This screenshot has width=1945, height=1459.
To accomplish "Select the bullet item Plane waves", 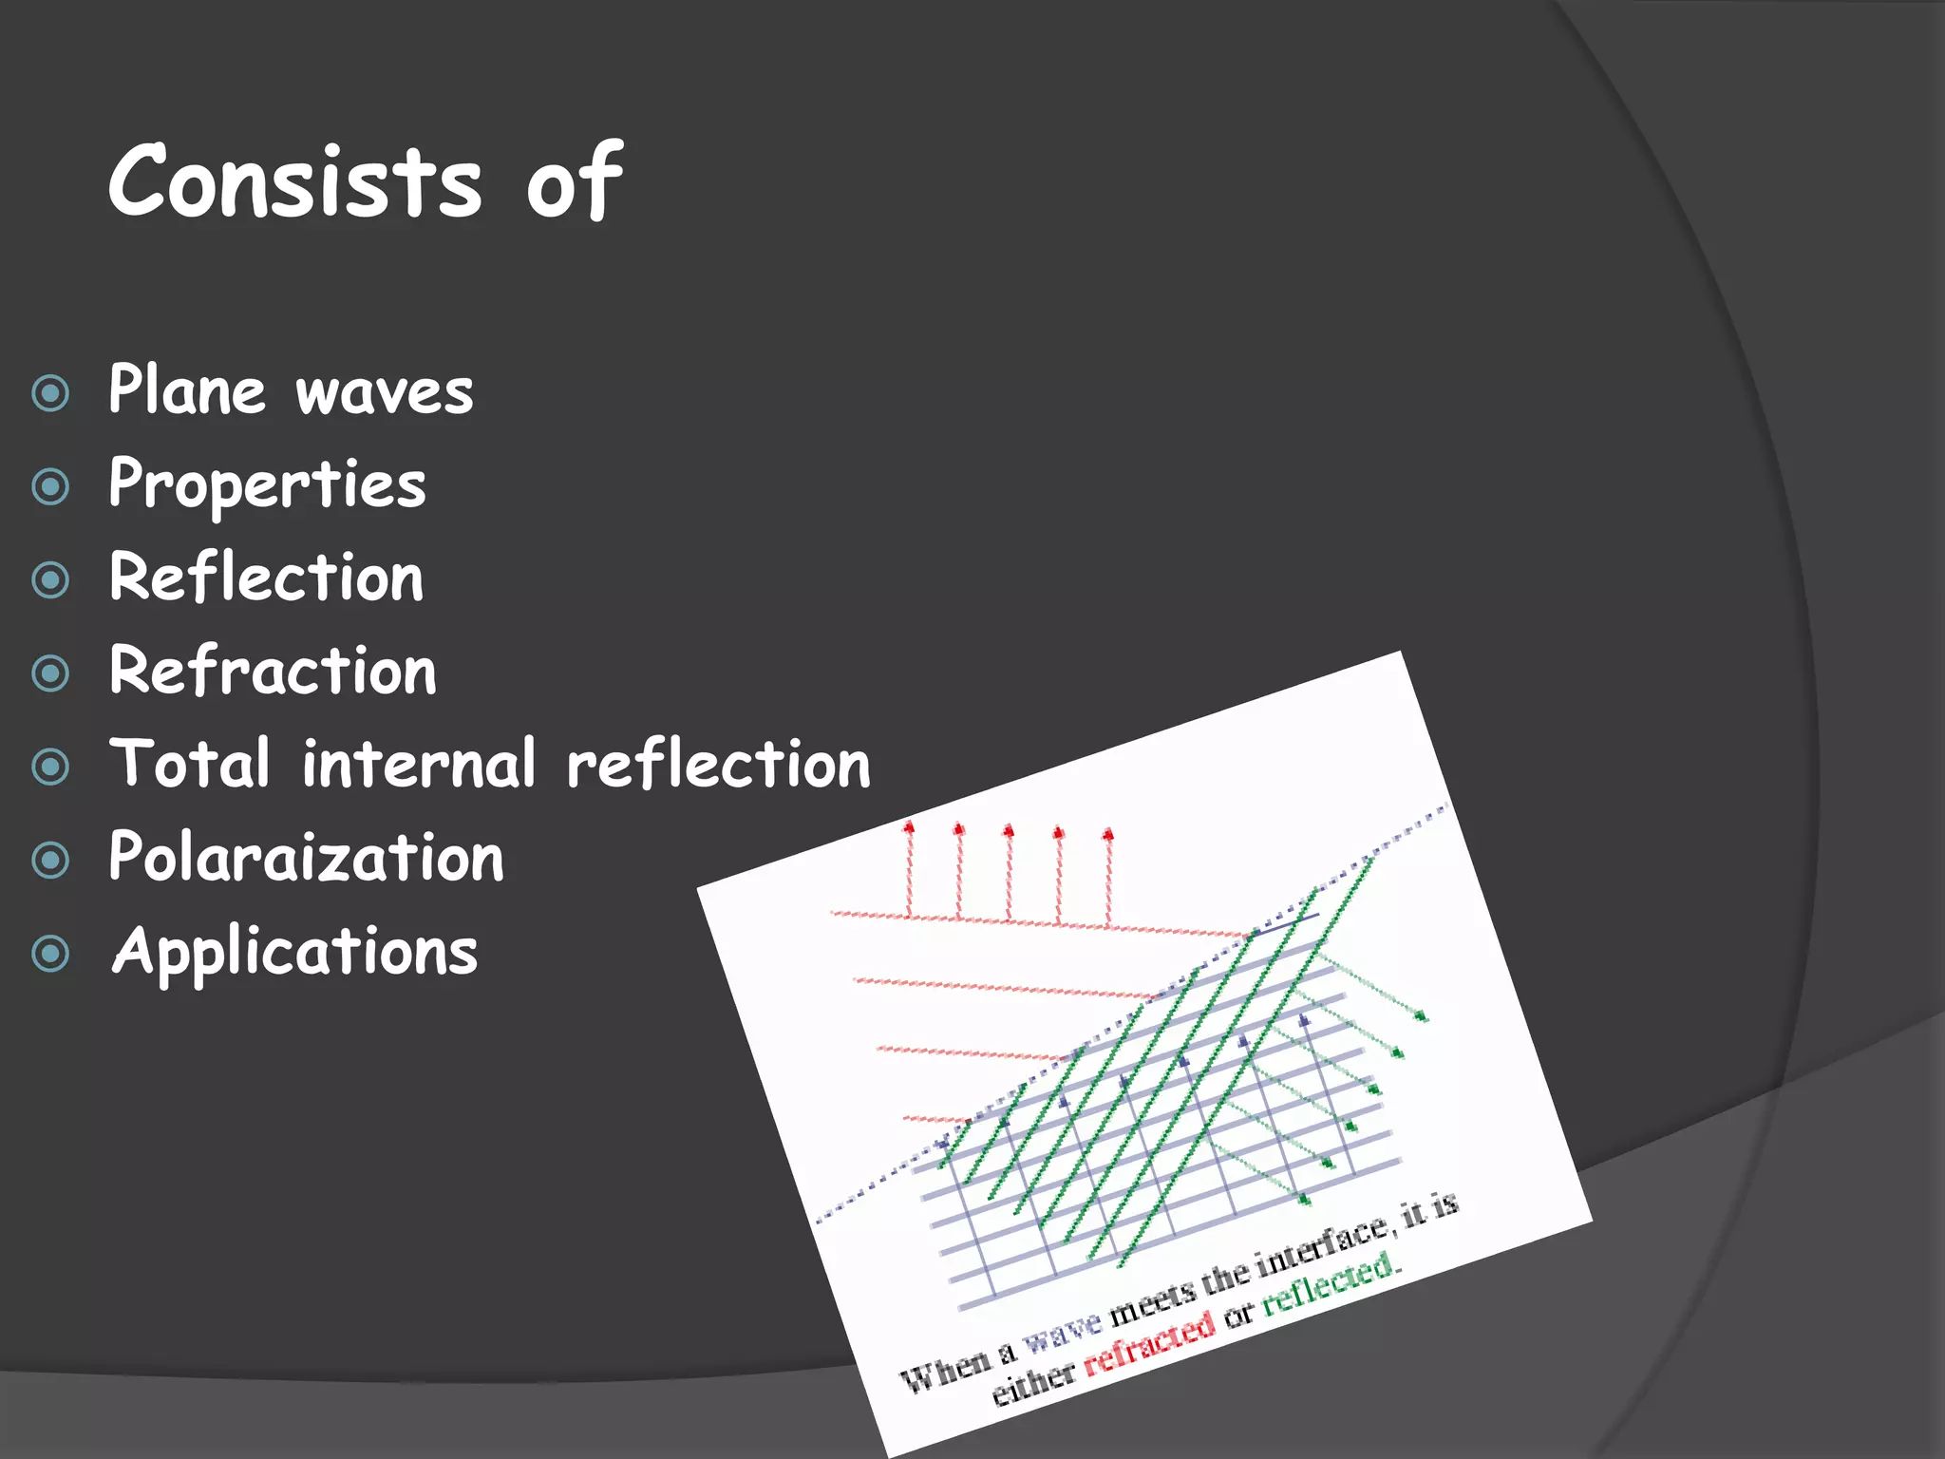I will pyautogui.click(x=291, y=390).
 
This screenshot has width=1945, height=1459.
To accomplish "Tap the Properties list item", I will pyautogui.click(x=267, y=484).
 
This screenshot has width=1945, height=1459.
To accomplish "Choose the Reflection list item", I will pyautogui.click(x=266, y=578).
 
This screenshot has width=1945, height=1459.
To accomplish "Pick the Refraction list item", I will pyautogui.click(x=273, y=671).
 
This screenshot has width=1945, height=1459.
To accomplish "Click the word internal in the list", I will pyautogui.click(x=419, y=764).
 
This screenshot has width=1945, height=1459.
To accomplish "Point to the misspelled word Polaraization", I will pyautogui.click(x=306, y=858).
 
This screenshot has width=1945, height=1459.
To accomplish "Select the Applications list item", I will pyautogui.click(x=294, y=952).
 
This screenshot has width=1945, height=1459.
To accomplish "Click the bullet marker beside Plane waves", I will pyautogui.click(x=50, y=393).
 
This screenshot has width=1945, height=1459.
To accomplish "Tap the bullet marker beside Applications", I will pyautogui.click(x=50, y=954).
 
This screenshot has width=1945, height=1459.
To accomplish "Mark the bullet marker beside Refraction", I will pyautogui.click(x=50, y=673).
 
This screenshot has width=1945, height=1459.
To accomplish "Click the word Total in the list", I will pyautogui.click(x=190, y=764).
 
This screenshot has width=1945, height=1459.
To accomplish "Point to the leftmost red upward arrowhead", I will pyautogui.click(x=909, y=827).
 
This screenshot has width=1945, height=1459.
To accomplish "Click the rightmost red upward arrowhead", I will pyautogui.click(x=1107, y=835).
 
